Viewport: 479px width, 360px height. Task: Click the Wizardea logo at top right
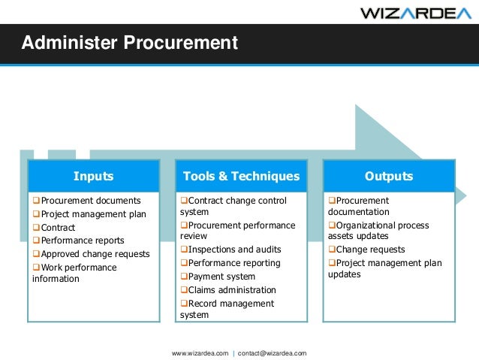point(416,13)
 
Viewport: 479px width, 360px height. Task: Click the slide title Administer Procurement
point(129,43)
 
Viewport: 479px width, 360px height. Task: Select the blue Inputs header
point(93,176)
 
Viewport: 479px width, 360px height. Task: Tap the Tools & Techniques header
point(241,176)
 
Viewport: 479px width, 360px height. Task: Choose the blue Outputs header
point(388,176)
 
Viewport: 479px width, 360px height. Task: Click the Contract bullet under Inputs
point(57,227)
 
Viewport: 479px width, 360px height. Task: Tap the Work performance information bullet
point(75,273)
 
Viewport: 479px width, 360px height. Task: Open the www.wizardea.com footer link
point(200,352)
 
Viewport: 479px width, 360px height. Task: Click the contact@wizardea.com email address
point(272,352)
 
